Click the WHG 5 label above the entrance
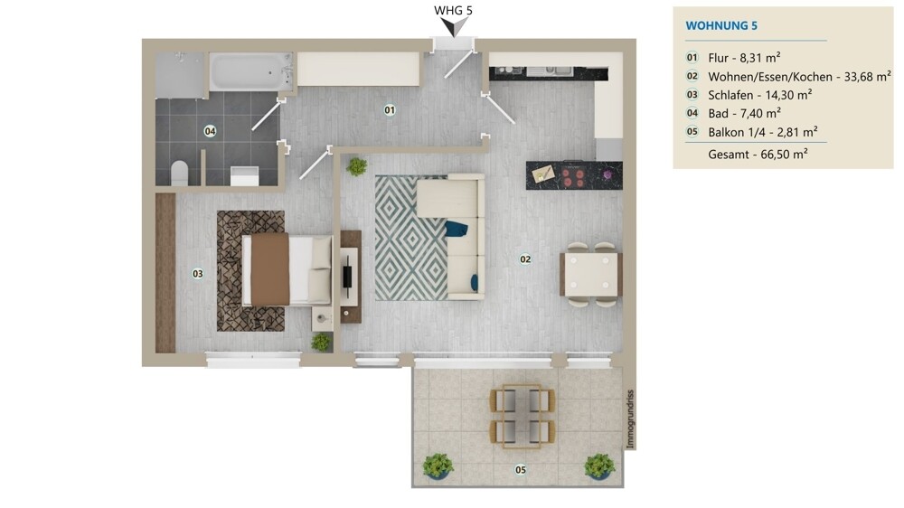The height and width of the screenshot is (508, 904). click(x=454, y=11)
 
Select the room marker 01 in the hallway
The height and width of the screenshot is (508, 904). click(x=390, y=110)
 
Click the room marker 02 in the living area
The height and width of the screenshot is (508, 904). click(x=525, y=259)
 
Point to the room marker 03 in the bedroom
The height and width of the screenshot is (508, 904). click(x=197, y=273)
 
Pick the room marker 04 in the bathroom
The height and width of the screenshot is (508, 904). click(x=210, y=131)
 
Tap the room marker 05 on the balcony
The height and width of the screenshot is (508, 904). click(x=520, y=469)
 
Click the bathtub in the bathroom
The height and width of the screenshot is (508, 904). click(x=251, y=71)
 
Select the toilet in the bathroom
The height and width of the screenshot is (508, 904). click(x=179, y=172)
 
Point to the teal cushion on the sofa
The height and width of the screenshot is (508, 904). click(x=457, y=229)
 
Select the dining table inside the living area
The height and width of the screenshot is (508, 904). click(x=590, y=274)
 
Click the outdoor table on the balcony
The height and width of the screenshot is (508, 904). click(x=521, y=415)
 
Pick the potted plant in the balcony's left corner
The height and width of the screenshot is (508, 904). click(x=438, y=466)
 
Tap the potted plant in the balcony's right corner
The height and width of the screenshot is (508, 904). click(x=599, y=466)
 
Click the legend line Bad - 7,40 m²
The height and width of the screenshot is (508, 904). click(x=744, y=113)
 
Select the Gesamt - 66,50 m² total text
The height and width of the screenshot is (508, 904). click(x=758, y=154)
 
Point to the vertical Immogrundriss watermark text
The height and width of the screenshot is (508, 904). click(x=631, y=419)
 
